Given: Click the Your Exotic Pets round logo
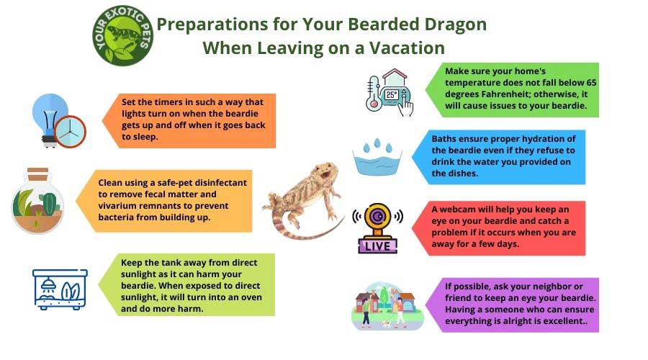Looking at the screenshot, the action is pos(122,35).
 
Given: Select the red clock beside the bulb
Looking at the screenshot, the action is pos(70,132).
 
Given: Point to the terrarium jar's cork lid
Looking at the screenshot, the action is pos(37,174).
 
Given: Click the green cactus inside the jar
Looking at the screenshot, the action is pos(49,203).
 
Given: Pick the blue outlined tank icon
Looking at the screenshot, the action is pos(60,289).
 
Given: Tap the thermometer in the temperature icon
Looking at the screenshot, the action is pos(373,94).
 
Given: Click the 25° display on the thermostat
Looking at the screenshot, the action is pos(392,94).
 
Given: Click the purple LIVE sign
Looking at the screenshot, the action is pos(378,246).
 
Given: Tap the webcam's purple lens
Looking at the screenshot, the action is pos(377,217).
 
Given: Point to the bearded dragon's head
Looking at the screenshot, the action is pos(325,171).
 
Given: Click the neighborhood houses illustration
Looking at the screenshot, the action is pos(387,306).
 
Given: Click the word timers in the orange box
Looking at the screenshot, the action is pos(168,102).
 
